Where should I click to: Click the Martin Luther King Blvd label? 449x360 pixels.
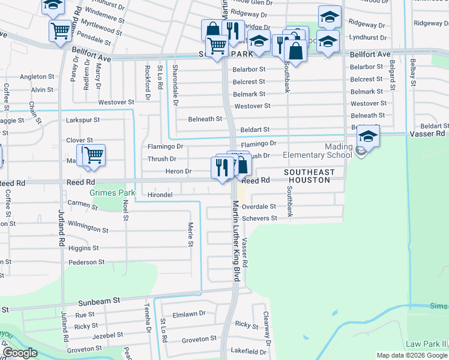[235, 240]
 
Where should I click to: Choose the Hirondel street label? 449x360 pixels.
[160, 195]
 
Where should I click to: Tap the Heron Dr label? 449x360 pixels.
[178, 172]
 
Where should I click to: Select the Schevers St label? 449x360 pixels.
[259, 218]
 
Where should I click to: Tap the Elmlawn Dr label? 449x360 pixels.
[188, 313]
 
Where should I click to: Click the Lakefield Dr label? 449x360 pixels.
[249, 352]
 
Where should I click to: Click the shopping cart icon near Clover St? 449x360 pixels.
[94, 155]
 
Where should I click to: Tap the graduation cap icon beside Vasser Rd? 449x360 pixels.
[368, 136]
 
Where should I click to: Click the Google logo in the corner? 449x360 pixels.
[20, 353]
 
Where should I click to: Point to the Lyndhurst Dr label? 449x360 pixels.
[366, 37]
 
